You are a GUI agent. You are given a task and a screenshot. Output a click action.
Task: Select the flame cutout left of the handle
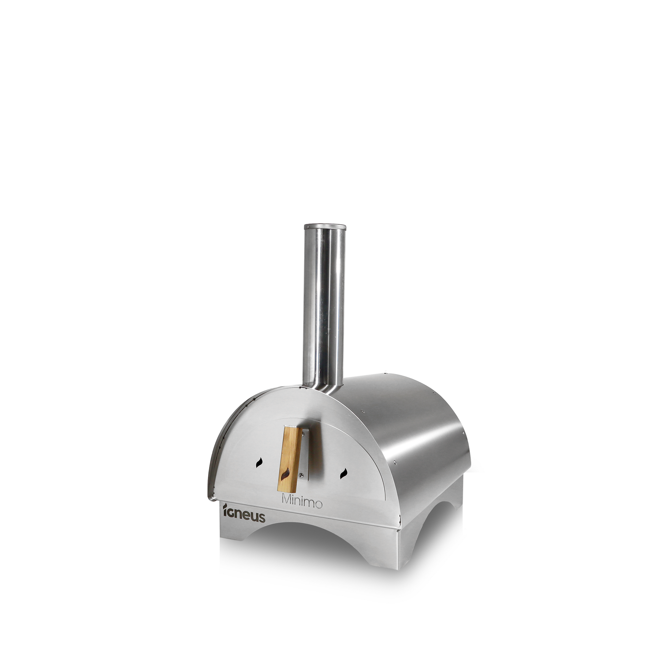(x=259, y=463)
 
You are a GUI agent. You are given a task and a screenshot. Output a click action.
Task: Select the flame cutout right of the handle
(x=343, y=474)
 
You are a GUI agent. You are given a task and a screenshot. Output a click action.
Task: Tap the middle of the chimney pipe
(x=324, y=306)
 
